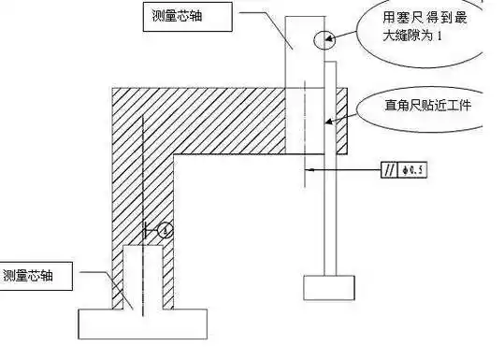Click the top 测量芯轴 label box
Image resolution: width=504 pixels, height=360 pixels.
[x=188, y=16]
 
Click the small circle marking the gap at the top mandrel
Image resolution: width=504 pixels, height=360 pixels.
[x=324, y=39]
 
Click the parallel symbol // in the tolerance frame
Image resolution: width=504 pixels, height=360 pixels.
[x=388, y=170]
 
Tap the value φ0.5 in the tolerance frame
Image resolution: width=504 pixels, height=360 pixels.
[x=410, y=170]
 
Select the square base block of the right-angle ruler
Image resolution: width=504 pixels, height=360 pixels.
[x=328, y=286]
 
